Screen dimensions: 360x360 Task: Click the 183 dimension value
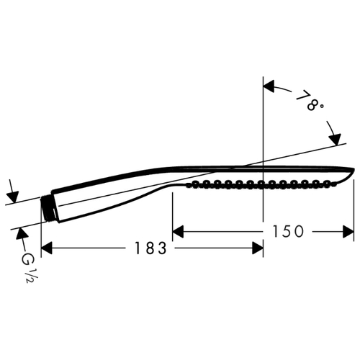click(150, 248)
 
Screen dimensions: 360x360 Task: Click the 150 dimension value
click(288, 232)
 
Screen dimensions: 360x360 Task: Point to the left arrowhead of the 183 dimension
click(47, 248)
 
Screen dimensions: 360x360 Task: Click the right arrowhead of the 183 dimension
click(258, 248)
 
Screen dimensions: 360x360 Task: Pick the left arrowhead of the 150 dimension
click(178, 232)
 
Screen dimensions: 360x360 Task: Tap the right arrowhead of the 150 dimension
click(348, 232)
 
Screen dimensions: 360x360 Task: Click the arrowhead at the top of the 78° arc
click(269, 86)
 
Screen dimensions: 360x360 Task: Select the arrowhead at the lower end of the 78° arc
click(336, 139)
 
